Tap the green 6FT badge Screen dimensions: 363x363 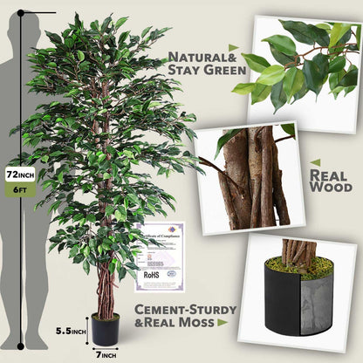tap(19, 189)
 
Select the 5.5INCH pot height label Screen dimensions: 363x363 tap(71, 331)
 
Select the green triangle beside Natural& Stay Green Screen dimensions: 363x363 tap(233, 48)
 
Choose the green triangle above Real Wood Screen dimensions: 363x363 tap(315, 162)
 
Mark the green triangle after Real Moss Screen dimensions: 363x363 tap(223, 323)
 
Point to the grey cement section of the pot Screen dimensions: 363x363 tap(316, 305)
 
